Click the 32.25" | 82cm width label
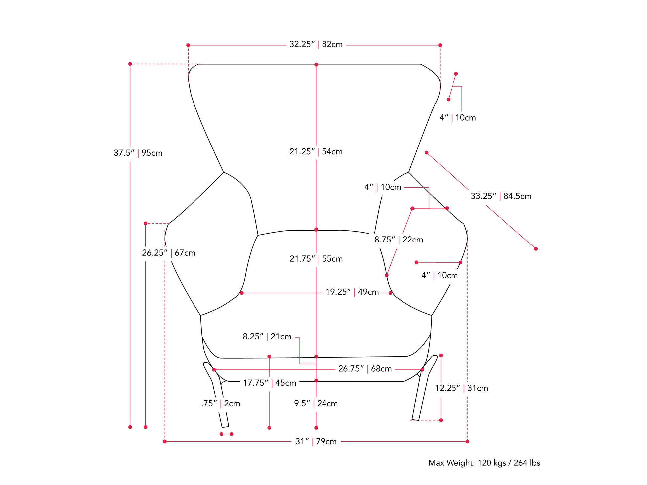click(x=316, y=44)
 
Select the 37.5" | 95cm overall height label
click(x=138, y=153)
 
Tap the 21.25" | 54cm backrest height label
click(x=316, y=152)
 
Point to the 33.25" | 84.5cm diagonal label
click(x=501, y=196)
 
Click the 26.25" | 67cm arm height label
click(x=169, y=253)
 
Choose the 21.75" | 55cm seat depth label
click(x=316, y=259)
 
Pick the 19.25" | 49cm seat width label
click(x=352, y=292)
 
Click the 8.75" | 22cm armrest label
click(x=399, y=240)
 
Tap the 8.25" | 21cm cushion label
click(x=267, y=337)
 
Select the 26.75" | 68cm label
click(x=365, y=369)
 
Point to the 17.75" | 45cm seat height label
click(x=269, y=383)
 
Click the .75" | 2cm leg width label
click(x=220, y=404)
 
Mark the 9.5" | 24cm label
click(x=316, y=404)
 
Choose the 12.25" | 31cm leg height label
click(x=461, y=388)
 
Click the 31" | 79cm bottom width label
click(x=316, y=442)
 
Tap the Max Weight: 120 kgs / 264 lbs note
click(x=484, y=463)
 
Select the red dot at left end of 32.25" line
click(x=188, y=45)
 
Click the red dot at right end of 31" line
click(x=467, y=442)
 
